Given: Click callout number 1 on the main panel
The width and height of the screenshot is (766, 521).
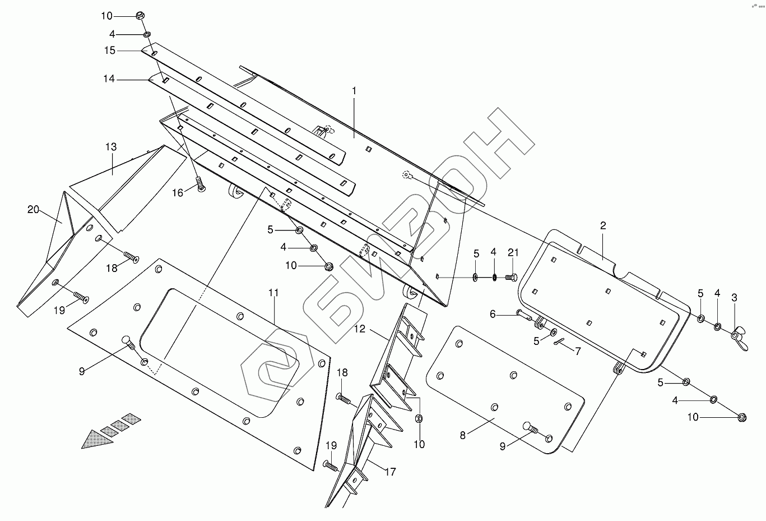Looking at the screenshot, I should tap(354, 90).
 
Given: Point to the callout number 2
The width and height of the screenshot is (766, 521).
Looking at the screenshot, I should tap(603, 226).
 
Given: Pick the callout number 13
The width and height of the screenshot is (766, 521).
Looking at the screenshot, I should tap(111, 147).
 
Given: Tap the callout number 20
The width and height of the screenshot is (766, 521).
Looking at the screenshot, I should tap(34, 209).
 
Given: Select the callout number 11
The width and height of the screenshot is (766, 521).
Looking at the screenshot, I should tap(273, 293).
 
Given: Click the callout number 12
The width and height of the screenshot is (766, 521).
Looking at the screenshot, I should tap(359, 329).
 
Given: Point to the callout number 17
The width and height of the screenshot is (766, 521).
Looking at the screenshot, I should tap(390, 472).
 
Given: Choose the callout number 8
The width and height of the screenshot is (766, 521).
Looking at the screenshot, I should tap(463, 435).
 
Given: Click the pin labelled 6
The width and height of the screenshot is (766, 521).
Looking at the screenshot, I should tap(524, 315).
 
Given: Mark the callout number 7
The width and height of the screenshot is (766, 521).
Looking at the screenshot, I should tap(578, 351).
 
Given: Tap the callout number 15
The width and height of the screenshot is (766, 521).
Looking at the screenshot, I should tap(109, 50).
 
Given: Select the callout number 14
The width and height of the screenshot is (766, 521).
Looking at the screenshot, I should tap(109, 79).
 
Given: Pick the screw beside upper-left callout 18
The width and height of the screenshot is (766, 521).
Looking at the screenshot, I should tap(131, 257).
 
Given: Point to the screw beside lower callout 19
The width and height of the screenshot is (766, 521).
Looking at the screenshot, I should tap(330, 465).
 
